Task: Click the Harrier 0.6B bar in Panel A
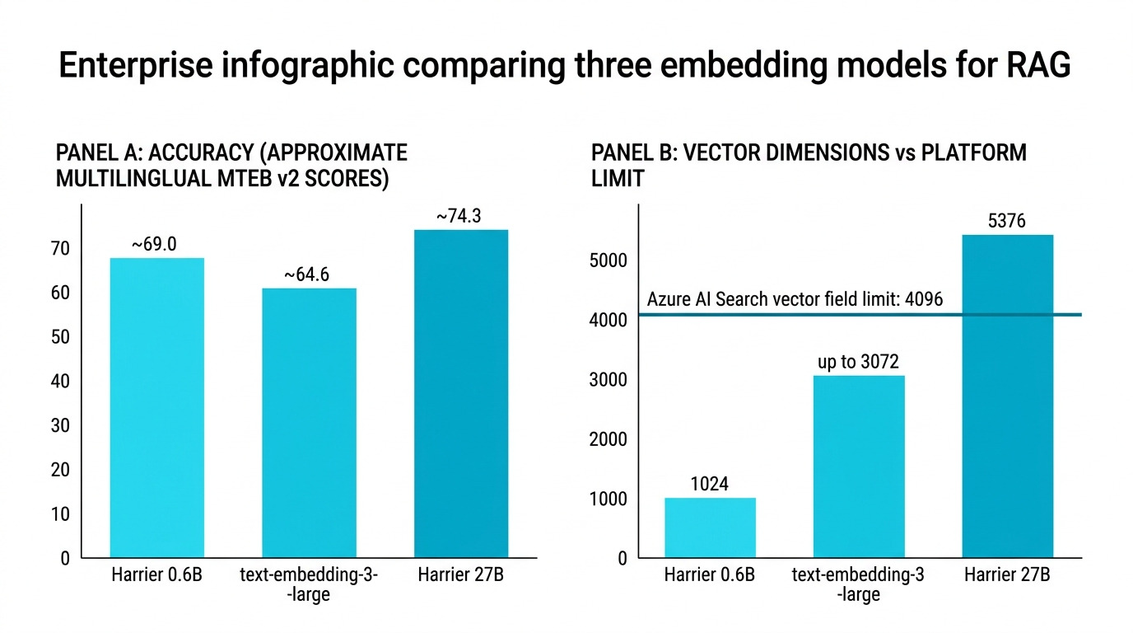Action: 156,408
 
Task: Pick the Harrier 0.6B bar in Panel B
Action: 710,527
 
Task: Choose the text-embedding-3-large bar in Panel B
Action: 859,467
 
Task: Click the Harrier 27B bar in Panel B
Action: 1007,396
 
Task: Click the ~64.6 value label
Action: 306,274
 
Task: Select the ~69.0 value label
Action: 154,245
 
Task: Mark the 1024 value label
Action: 709,484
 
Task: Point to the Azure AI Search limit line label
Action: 795,299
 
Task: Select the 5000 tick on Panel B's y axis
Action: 609,260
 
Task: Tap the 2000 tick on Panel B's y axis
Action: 609,439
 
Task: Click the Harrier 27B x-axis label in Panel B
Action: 1007,575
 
